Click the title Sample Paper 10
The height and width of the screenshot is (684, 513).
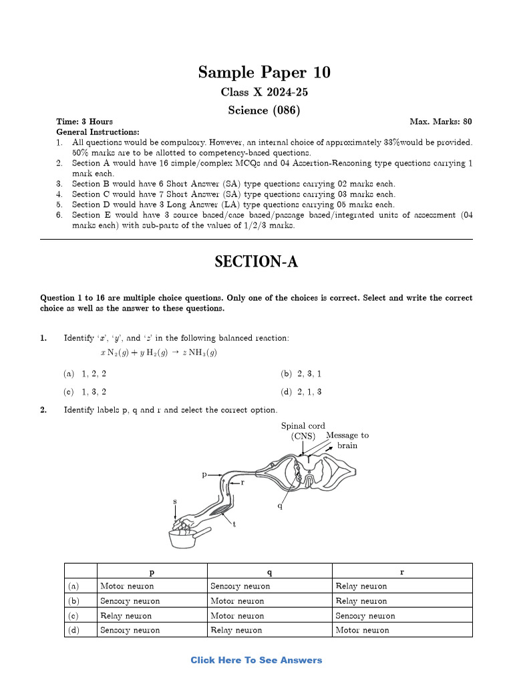[264, 72]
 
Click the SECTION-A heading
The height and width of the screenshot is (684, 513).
[256, 263]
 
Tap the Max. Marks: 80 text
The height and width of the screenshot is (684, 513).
[440, 122]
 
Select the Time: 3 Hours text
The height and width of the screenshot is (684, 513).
[84, 122]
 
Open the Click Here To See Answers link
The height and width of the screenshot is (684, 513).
[256, 660]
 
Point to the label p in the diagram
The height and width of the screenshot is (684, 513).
[204, 474]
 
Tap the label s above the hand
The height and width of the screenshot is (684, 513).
[176, 501]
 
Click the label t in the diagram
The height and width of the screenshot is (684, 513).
[234, 524]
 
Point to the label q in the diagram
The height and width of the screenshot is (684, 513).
[280, 506]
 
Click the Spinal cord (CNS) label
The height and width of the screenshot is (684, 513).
[303, 431]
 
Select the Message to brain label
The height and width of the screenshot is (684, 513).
[347, 440]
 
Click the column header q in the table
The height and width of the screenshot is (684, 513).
[269, 572]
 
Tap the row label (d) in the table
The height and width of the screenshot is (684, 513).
[73, 630]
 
